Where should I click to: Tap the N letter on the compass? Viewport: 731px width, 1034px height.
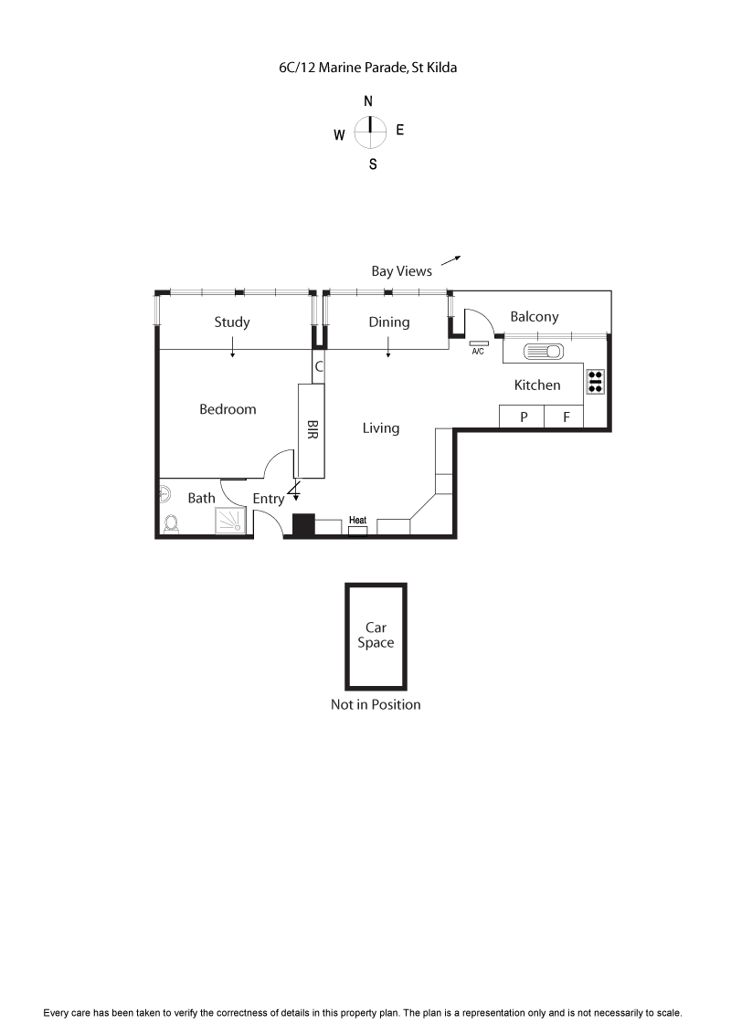coord(368,101)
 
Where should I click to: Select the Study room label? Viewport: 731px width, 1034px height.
coord(232,322)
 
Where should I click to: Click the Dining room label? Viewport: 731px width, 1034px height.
coord(389,322)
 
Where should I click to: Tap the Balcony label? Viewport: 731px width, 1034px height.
coord(534,317)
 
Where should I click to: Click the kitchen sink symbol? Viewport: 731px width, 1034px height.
coord(545,352)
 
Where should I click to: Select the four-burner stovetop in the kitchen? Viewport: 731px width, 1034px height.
coord(596,381)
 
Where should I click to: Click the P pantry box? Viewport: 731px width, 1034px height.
coord(524,417)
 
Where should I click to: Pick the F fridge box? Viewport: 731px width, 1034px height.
coord(566,417)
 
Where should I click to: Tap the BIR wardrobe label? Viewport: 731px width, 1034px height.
coord(312,431)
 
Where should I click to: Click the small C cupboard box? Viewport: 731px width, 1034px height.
coord(319,367)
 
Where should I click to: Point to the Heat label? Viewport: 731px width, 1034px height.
coord(357,521)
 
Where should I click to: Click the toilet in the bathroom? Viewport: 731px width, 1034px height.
coord(171,524)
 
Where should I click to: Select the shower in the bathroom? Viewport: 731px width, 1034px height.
coord(230,520)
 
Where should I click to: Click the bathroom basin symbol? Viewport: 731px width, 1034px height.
coord(164,494)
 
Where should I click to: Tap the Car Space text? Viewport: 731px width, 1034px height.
coord(376,635)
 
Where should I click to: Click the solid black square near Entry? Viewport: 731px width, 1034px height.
coord(303,525)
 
